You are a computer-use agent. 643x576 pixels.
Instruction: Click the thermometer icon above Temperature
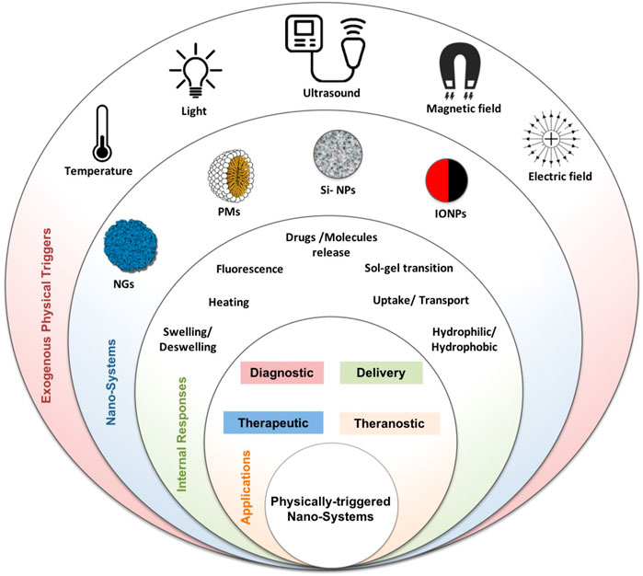pyautogui.click(x=101, y=133)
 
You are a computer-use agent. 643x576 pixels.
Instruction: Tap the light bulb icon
pyautogui.click(x=196, y=71)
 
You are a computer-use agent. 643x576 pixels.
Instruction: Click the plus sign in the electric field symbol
pyautogui.click(x=552, y=140)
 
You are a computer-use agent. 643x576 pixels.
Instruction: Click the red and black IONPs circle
pyautogui.click(x=447, y=181)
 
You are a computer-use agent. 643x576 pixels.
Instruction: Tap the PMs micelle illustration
pyautogui.click(x=231, y=176)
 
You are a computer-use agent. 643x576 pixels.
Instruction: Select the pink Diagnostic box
pyautogui.click(x=281, y=373)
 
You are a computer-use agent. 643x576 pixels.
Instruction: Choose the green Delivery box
pyautogui.click(x=381, y=373)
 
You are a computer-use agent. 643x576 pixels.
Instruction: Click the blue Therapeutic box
pyautogui.click(x=273, y=422)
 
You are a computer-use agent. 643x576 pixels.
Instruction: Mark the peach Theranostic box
pyautogui.click(x=390, y=423)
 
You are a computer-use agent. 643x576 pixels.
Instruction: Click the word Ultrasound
pyautogui.click(x=331, y=93)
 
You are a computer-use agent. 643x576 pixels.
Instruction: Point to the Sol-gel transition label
pyautogui.click(x=408, y=269)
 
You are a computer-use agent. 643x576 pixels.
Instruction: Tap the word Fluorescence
pyautogui.click(x=249, y=269)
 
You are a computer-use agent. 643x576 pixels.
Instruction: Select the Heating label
pyautogui.click(x=229, y=303)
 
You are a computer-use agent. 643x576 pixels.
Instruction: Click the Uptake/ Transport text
pyautogui.click(x=420, y=300)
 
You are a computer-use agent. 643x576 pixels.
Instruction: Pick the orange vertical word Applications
pyautogui.click(x=246, y=487)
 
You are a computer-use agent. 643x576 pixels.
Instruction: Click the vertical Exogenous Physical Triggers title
pyautogui.click(x=47, y=316)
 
